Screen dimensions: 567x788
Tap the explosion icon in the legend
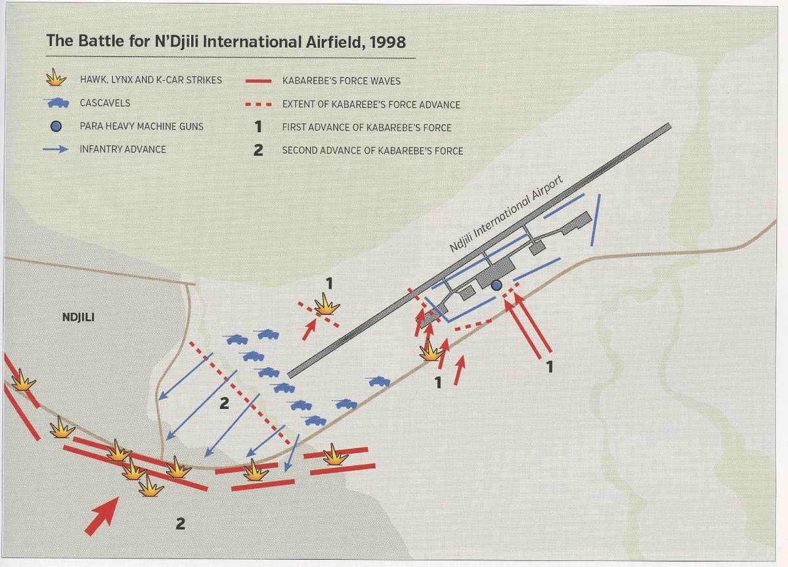tap(57, 79)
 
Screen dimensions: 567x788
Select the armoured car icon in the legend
tap(58, 103)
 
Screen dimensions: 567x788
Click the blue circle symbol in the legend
tap(57, 126)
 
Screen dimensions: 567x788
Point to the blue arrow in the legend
tap(57, 149)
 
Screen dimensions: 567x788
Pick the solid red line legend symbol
tap(258, 81)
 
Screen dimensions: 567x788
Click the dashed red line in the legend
tap(258, 104)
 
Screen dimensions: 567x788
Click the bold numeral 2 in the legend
tap(258, 150)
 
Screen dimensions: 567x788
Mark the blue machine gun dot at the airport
tap(496, 285)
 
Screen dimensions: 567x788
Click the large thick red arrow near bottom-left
tap(102, 515)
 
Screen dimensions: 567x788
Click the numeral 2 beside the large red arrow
tap(180, 524)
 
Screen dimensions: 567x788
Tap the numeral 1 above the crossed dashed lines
tap(330, 283)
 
